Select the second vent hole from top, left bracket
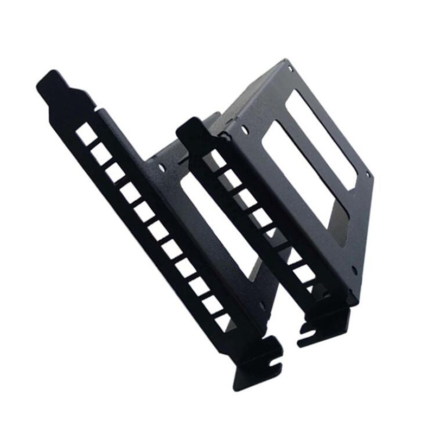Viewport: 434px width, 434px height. pyautogui.click(x=101, y=154)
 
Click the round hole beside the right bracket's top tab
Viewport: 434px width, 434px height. pyautogui.click(x=245, y=130)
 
